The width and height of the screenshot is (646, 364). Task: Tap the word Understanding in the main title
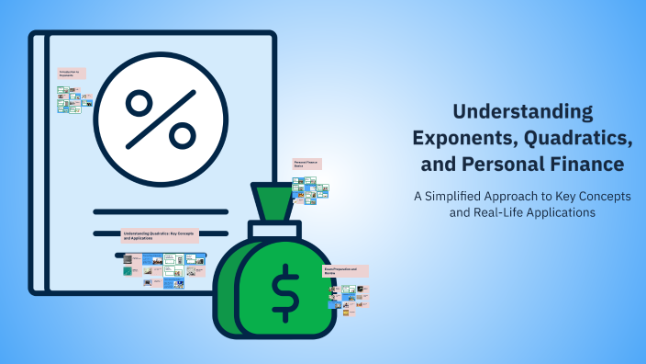[524, 113]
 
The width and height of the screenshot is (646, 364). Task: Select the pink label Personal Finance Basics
[306, 164]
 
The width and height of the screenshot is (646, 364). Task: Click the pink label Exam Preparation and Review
[345, 271]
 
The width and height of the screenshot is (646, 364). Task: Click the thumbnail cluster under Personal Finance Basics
[310, 188]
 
